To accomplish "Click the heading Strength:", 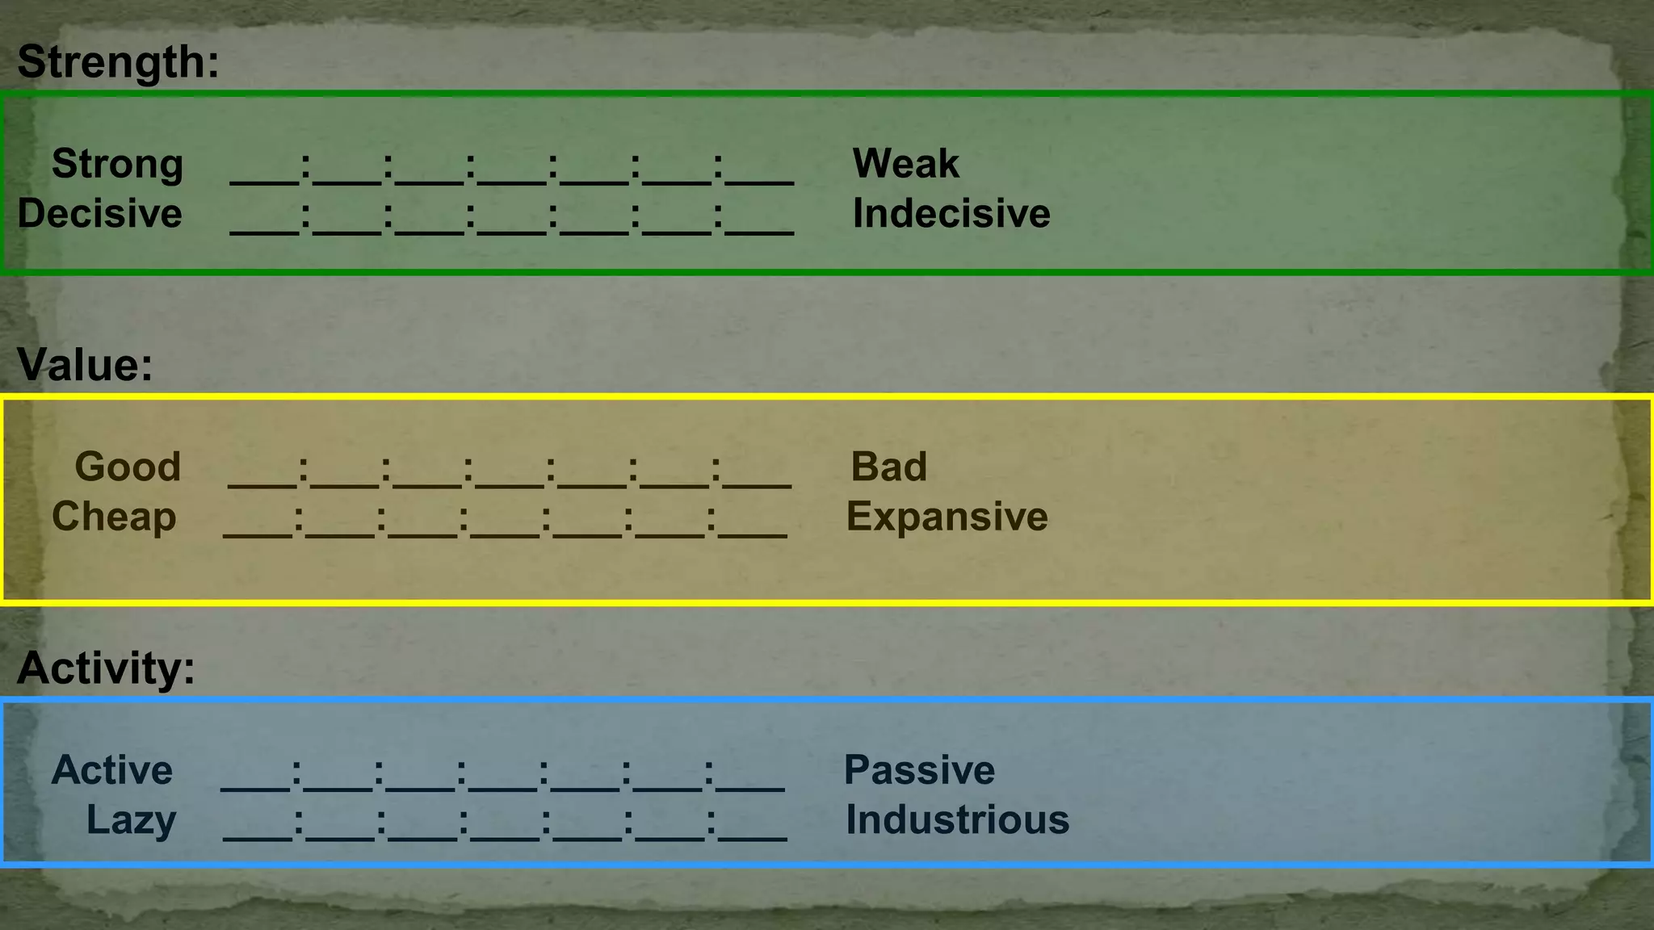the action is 118,62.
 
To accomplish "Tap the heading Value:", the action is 85,365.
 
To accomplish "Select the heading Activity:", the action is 106,668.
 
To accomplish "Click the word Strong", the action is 118,164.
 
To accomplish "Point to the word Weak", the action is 905,164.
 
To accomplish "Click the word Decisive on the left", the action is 99,214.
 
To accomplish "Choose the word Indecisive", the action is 951,214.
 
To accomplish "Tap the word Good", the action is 128,467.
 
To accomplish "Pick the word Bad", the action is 888,467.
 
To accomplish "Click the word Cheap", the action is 114,517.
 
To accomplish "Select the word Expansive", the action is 947,517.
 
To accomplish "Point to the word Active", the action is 112,771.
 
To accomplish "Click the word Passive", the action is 919,771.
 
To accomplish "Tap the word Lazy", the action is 131,821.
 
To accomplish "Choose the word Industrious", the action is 957,821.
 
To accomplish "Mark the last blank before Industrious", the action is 753,835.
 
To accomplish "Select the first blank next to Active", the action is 255,785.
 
